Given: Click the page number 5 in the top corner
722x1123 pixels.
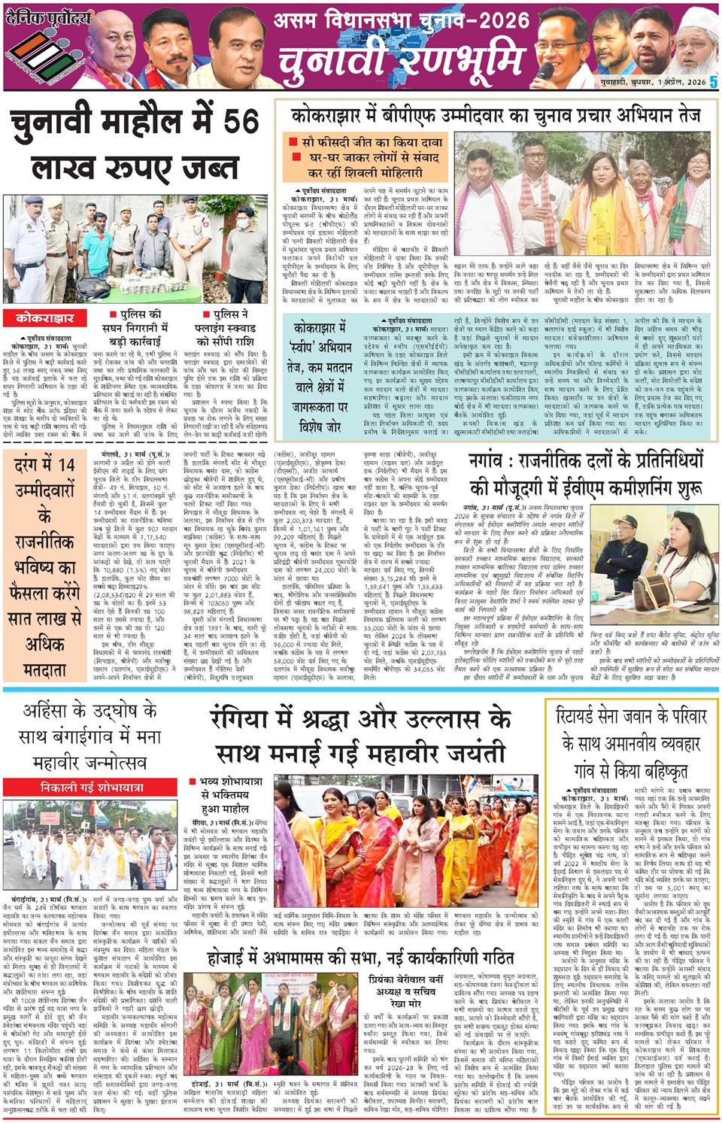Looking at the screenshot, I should [x=714, y=81].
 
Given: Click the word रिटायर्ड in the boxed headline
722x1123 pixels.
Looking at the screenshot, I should [x=589, y=716].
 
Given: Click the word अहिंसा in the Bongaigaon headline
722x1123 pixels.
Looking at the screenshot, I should [x=50, y=709].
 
